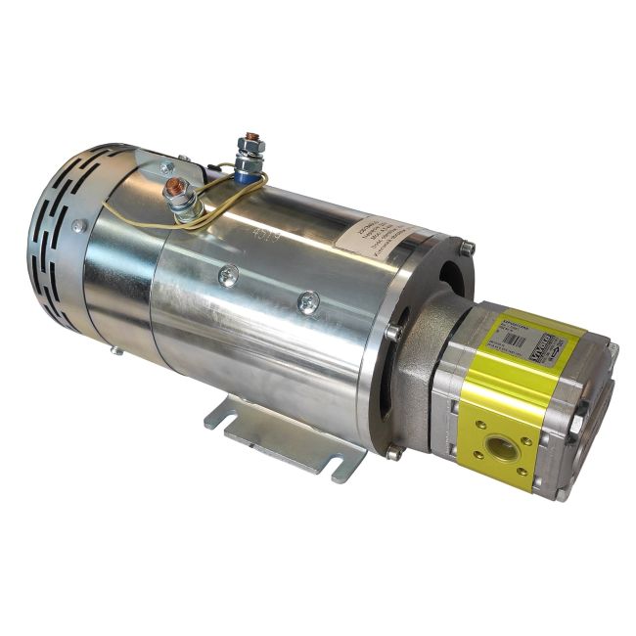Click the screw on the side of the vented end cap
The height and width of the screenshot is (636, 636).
point(76,226)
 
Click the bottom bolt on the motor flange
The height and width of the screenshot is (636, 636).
point(393,453)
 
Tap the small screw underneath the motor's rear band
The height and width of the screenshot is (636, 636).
point(116,348)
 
